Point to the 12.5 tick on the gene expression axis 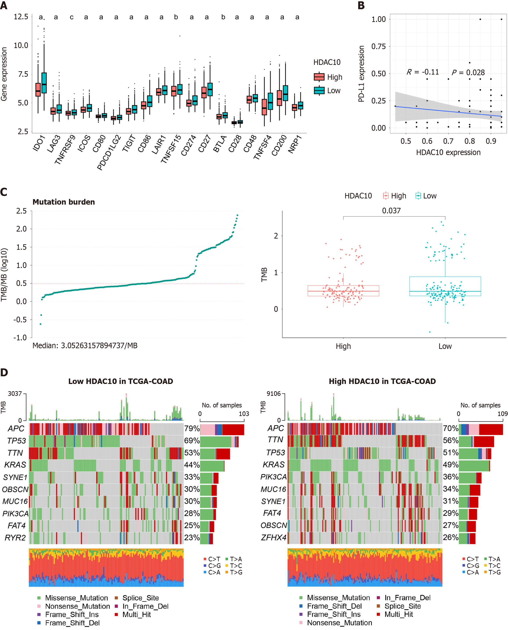pos(21,17)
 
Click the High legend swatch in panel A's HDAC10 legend pos(319,77)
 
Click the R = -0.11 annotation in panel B pos(423,72)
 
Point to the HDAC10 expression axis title pos(448,152)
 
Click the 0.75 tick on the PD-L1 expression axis pos(378,46)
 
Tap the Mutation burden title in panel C pos(63,202)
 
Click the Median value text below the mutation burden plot pos(85,346)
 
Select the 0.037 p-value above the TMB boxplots pos(391,211)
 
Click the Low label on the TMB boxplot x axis pos(445,346)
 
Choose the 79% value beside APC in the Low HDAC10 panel pos(192,428)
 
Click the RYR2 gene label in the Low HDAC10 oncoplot pos(15,538)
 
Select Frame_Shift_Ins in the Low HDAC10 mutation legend pos(72,614)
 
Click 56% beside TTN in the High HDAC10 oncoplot pos(450,441)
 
